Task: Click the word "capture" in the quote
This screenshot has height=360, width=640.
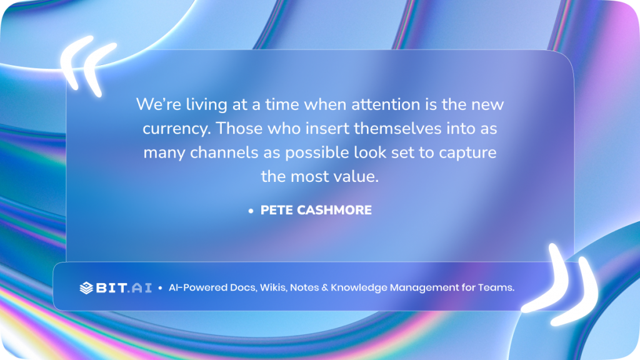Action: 470,152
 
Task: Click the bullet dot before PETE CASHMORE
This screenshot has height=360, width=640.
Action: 251,211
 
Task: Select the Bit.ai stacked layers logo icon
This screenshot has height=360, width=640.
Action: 86,287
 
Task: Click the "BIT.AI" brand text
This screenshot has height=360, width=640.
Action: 124,287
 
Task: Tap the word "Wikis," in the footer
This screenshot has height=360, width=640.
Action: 271,287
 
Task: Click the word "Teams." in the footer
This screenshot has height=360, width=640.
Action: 496,287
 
